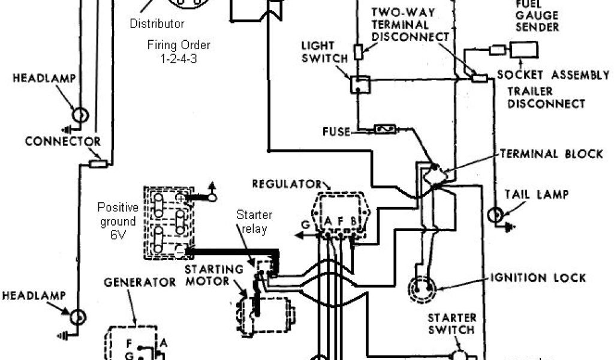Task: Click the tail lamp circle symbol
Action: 496,215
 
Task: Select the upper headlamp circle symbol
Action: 80,115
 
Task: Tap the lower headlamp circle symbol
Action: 78,317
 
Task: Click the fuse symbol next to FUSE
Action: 384,129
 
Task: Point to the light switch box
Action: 360,85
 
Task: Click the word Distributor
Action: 157,25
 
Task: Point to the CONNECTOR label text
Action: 63,142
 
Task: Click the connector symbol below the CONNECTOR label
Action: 98,163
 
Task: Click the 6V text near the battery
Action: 118,236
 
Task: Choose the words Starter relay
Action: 254,221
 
